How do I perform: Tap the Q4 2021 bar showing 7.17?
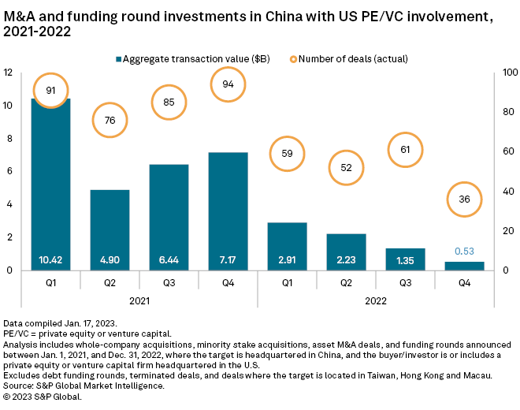coord(228,209)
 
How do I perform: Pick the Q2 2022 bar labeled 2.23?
coord(346,251)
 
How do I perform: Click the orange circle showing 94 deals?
coord(228,84)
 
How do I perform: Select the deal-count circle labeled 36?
coord(464,199)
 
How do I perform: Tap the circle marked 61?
coord(405,150)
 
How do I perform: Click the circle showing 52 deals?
coord(346,167)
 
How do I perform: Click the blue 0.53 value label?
coord(464,252)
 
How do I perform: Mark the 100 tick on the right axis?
coord(510,73)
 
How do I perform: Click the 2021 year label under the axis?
coord(139,300)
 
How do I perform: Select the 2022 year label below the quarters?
coord(376,300)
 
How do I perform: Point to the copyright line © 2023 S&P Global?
coord(43,396)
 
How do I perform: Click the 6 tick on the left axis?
coord(9,171)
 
